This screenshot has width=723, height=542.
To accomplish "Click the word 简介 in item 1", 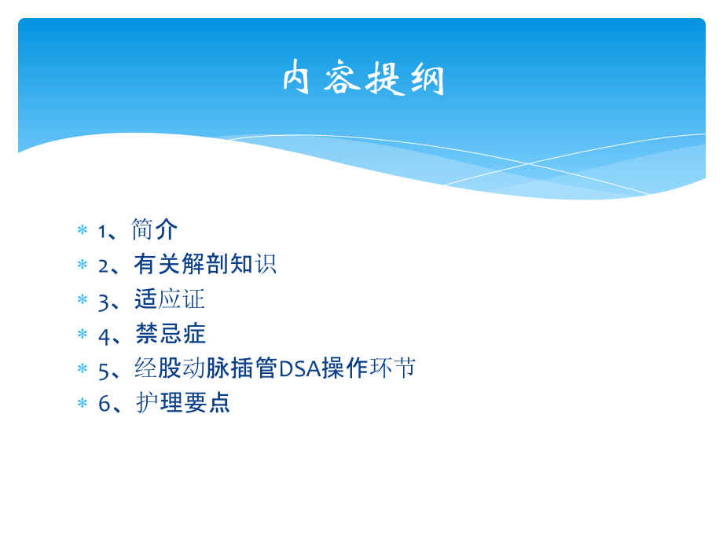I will click(155, 230).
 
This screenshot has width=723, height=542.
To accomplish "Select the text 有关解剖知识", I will click(205, 265).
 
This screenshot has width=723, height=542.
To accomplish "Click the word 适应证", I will click(170, 299).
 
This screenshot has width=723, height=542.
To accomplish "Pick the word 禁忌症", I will click(171, 334).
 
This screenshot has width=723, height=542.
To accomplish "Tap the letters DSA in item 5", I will click(299, 368).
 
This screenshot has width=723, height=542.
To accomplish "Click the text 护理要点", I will click(183, 403).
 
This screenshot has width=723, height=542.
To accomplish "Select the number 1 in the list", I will click(102, 231).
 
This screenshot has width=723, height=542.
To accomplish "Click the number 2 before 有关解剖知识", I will click(103, 266).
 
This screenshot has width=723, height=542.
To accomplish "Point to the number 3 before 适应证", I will click(103, 300).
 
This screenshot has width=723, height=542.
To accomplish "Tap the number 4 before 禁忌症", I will click(104, 335).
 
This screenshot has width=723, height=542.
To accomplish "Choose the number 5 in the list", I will click(103, 369).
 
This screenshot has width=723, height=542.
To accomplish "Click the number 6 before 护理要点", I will click(104, 404).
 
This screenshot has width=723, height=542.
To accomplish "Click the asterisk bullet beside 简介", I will click(82, 231).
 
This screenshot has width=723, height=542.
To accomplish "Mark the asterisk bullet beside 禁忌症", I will click(82, 335).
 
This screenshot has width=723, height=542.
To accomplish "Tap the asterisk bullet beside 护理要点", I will click(82, 404).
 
